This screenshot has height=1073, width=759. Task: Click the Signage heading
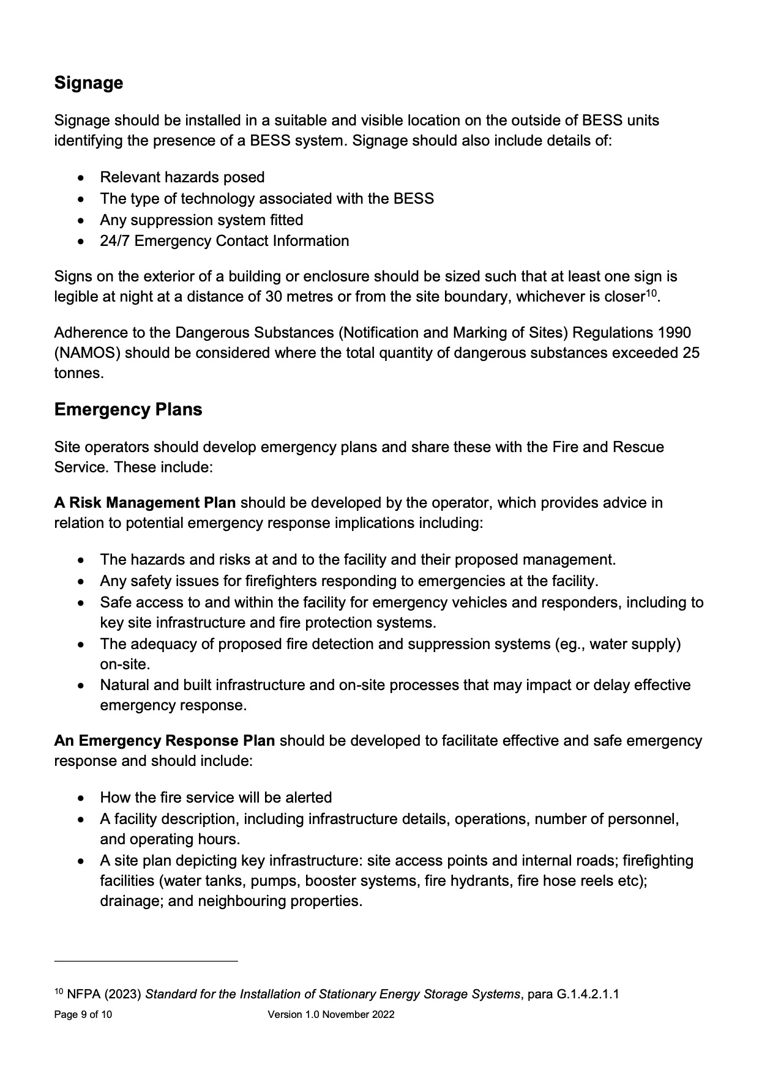[89, 83]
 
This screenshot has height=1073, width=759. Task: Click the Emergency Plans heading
[128, 409]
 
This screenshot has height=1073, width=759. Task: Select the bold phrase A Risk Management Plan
[145, 503]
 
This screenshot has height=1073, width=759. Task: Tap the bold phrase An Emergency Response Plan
[164, 741]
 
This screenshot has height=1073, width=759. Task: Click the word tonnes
[78, 373]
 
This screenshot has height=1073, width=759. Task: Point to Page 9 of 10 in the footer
[83, 1015]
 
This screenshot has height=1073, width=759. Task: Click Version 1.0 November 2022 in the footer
[331, 1015]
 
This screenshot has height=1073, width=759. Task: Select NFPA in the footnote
[80, 995]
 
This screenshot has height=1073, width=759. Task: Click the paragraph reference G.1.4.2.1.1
[588, 995]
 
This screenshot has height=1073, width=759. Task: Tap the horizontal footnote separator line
[146, 961]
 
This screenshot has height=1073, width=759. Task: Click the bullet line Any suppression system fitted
[201, 220]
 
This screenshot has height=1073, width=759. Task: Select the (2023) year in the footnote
[122, 995]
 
